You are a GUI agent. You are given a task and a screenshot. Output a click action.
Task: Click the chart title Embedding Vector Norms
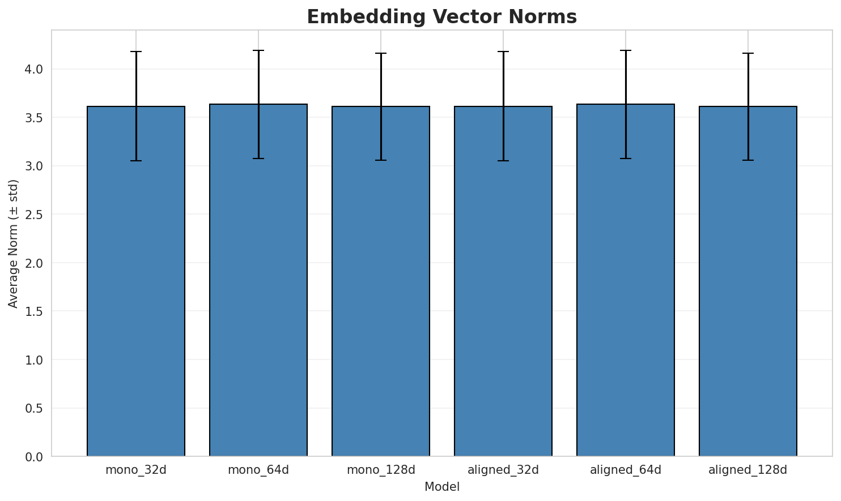[441, 17]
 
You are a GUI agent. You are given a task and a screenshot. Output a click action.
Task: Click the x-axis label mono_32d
[136, 470]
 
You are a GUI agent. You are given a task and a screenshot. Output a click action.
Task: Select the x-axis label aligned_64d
[626, 470]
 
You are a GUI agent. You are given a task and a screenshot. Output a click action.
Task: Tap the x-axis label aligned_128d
[748, 470]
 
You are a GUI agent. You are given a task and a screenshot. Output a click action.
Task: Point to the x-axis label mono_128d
[381, 470]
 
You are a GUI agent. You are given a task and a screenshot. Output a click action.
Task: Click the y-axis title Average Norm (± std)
[14, 243]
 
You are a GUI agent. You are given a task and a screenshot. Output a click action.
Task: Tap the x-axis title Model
[441, 487]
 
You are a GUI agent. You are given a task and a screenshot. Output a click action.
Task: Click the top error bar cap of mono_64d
[258, 50]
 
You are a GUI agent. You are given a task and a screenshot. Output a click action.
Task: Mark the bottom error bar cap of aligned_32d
[503, 161]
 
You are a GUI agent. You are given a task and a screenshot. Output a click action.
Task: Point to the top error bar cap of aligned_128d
[748, 53]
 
